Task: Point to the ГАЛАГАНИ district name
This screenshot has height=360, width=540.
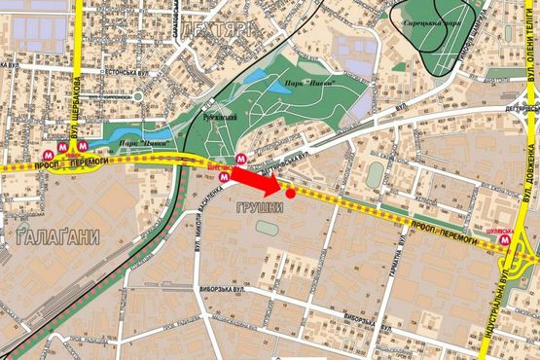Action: click(51, 236)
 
